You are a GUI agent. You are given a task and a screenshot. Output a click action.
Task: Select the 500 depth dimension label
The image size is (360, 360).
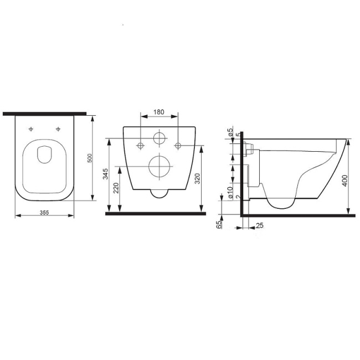[x=90, y=158]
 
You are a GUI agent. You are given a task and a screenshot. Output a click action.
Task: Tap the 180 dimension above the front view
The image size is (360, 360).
[x=159, y=112]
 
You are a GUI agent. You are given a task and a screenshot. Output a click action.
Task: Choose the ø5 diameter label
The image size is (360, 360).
[x=230, y=132]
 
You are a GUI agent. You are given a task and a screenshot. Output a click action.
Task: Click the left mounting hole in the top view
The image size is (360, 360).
[x=31, y=130]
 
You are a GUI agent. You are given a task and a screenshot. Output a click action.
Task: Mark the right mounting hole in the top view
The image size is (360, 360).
[x=58, y=130]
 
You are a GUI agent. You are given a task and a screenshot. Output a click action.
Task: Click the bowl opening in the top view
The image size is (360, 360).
[x=44, y=155]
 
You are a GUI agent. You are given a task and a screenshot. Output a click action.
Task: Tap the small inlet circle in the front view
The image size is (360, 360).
[x=160, y=138]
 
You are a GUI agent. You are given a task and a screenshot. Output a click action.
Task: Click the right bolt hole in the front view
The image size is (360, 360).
[x=178, y=146]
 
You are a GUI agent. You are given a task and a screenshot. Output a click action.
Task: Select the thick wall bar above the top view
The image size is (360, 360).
[x=44, y=114]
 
